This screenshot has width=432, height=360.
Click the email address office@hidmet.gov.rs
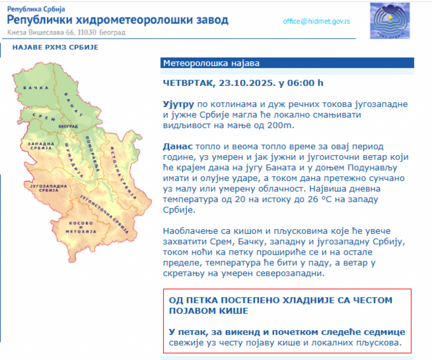(316, 22)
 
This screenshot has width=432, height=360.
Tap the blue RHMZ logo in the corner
(390, 21)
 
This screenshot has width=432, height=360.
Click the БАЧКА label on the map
(36, 88)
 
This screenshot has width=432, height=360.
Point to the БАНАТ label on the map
(73, 105)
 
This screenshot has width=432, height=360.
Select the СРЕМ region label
(44, 117)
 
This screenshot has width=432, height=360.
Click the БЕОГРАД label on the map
(68, 126)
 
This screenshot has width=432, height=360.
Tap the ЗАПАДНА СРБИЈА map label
(41, 146)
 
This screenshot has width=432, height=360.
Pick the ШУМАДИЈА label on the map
(74, 160)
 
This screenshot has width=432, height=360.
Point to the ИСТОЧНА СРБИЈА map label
(123, 173)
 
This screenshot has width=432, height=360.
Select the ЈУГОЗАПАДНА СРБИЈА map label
(48, 188)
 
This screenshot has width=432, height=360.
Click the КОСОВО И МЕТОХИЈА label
(81, 227)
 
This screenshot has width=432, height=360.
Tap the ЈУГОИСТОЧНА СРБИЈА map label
(104, 214)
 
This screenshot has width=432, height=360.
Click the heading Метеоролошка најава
(211, 63)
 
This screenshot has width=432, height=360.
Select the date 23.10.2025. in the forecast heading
(247, 83)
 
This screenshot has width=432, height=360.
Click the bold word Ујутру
(179, 104)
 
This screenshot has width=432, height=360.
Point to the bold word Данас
(178, 146)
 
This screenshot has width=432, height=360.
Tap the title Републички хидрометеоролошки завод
(118, 20)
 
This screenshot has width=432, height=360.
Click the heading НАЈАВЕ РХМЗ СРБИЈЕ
(55, 48)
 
